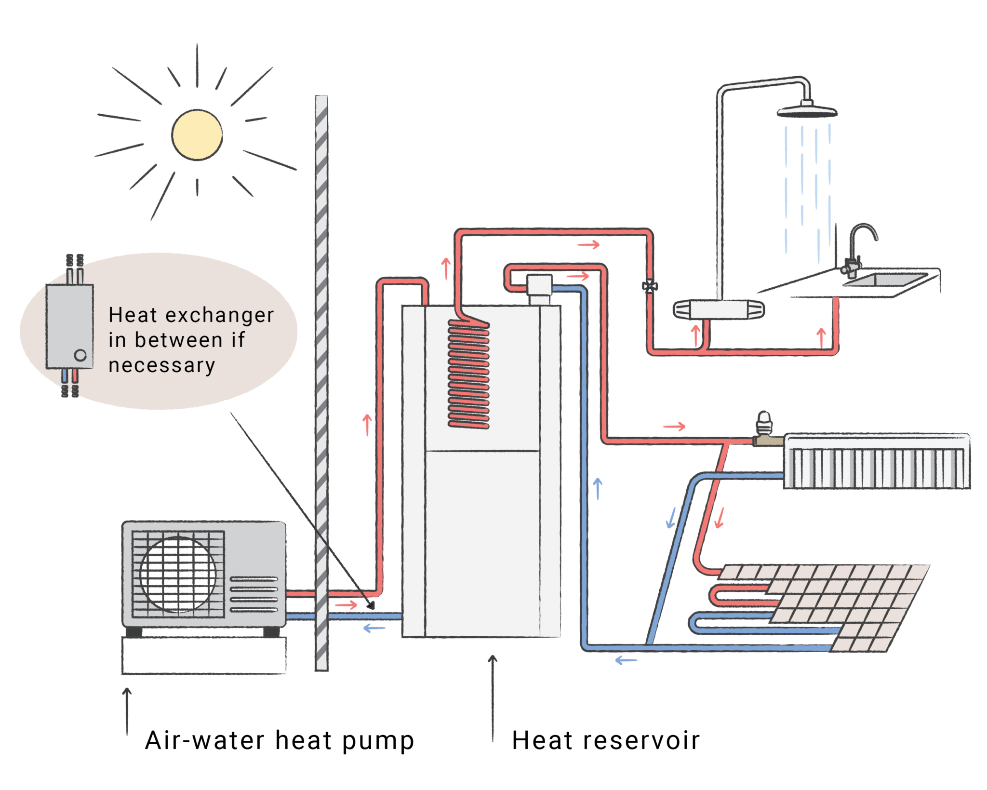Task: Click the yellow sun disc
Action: pos(197,135)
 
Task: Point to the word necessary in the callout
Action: pos(161,366)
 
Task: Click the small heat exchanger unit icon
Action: pos(70,326)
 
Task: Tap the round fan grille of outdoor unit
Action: pos(178,574)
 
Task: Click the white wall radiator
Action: pos(876,462)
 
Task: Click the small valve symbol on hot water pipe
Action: pos(650,286)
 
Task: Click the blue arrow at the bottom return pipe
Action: pos(626,660)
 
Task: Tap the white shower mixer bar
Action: pos(719,309)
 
